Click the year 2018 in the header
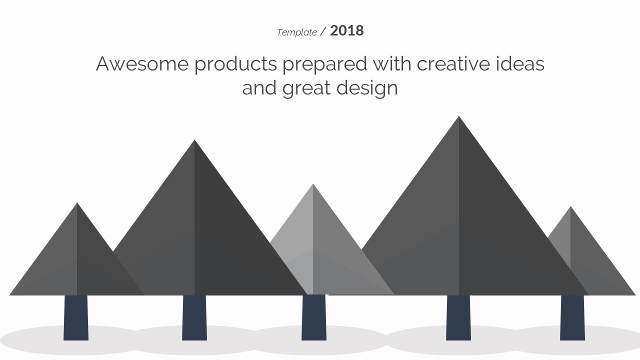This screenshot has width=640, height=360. pos(347,30)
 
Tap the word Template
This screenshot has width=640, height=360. pos(297,32)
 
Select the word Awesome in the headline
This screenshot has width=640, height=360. pos(142,63)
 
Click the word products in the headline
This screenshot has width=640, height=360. pos(235,65)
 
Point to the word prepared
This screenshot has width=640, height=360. pos(325,65)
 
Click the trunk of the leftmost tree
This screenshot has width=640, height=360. pos(76,317)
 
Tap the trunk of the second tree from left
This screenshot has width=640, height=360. pos(194,317)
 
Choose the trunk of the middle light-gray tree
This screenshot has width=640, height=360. pos(313,317)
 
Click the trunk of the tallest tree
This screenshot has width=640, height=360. pos(458,317)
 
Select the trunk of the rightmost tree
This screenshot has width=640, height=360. pos(572,317)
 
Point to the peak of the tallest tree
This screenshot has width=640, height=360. pos(459,116)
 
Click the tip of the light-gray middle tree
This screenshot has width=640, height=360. pos(313,184)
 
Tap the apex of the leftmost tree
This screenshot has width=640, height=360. pos(77,203)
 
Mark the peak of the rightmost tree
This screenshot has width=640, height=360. pos(570,206)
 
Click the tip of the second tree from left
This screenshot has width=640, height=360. pos(194,140)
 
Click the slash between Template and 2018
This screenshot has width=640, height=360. pos(323,31)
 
